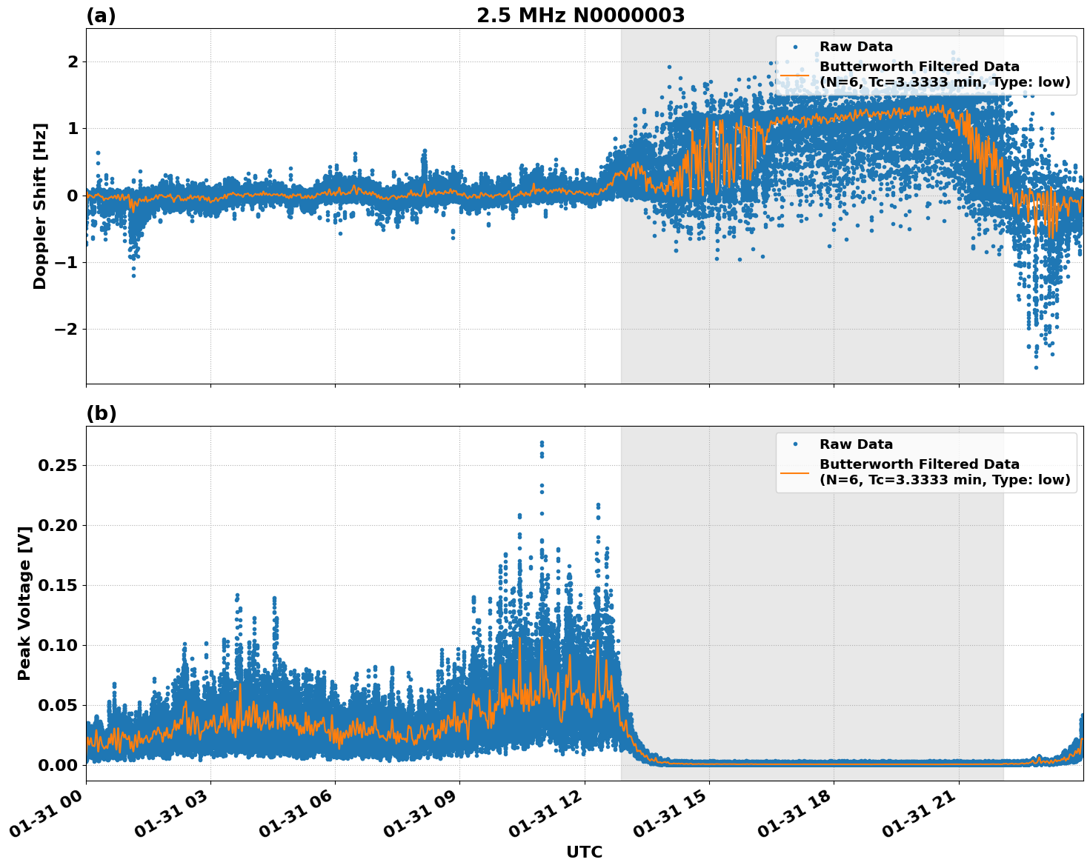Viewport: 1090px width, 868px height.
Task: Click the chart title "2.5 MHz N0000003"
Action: pyautogui.click(x=580, y=16)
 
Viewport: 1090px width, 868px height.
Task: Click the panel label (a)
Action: pyautogui.click(x=101, y=16)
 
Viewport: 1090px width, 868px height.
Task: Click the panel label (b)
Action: pyautogui.click(x=101, y=413)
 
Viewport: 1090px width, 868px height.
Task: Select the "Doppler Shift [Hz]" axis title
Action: pyautogui.click(x=40, y=206)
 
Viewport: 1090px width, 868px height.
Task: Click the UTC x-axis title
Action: pyautogui.click(x=584, y=852)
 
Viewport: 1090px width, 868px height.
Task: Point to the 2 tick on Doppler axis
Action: pyautogui.click(x=73, y=61)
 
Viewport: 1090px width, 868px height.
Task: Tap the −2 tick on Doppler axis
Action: pyautogui.click(x=66, y=329)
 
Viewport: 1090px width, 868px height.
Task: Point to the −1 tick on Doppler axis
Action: pyautogui.click(x=66, y=262)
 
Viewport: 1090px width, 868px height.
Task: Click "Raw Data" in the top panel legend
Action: pyautogui.click(x=856, y=47)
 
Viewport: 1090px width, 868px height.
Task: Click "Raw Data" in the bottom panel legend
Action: pyautogui.click(x=856, y=444)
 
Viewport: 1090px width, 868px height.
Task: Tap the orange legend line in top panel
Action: pyautogui.click(x=794, y=75)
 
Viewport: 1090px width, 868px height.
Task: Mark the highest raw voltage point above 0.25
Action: pyautogui.click(x=542, y=443)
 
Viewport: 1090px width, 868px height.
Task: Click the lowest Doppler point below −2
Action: pyautogui.click(x=1036, y=367)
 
